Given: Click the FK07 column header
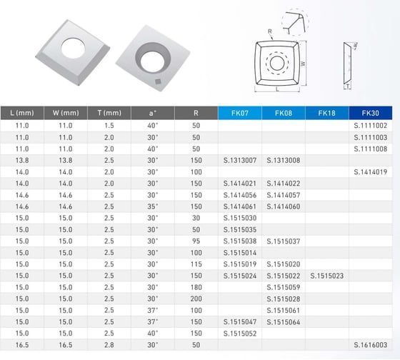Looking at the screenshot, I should click(240, 113).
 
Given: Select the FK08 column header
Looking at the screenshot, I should click(284, 113).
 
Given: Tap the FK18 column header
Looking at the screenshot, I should click(327, 113).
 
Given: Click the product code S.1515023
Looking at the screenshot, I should click(327, 274).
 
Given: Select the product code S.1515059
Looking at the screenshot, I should click(284, 286).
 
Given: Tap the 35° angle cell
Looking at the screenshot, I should click(151, 206).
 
